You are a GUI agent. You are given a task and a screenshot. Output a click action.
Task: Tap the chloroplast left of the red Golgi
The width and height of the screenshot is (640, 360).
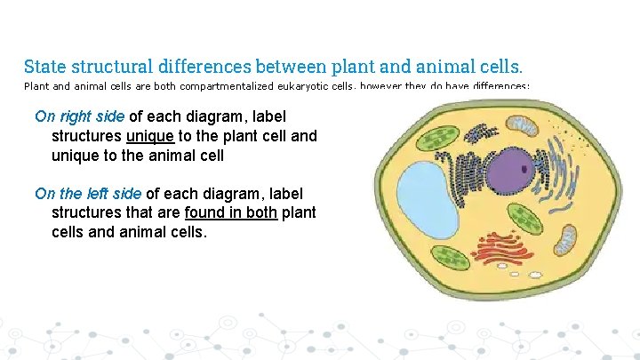pyautogui.click(x=452, y=258)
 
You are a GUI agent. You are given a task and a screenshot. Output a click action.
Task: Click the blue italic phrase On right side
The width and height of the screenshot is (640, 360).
pyautogui.click(x=80, y=116)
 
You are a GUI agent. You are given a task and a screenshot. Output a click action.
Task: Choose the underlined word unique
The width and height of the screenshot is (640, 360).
pyautogui.click(x=149, y=136)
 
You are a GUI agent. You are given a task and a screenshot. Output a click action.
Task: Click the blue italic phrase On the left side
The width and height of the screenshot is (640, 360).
pyautogui.click(x=88, y=193)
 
